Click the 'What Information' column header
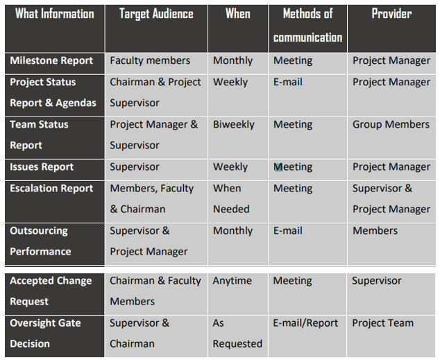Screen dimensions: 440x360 click(x=55, y=14)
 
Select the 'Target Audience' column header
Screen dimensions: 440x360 click(x=156, y=14)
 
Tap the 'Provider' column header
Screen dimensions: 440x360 click(x=391, y=13)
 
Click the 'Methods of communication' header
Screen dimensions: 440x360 click(x=308, y=26)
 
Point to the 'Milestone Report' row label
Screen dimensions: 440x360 click(x=51, y=60)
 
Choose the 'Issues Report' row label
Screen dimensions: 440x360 click(x=42, y=167)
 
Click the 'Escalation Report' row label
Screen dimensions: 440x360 click(x=51, y=189)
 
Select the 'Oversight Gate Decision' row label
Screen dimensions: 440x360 click(x=45, y=334)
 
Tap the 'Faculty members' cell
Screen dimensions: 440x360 click(x=150, y=60)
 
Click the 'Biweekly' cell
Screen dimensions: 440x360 click(x=234, y=124)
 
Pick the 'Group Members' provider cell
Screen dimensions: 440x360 click(x=391, y=124)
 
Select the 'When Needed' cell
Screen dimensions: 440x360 click(x=231, y=199)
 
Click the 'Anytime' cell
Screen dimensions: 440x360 click(x=232, y=281)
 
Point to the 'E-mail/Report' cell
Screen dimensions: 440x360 click(x=305, y=323)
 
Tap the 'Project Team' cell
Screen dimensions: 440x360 click(x=383, y=323)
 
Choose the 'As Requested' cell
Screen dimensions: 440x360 click(x=237, y=334)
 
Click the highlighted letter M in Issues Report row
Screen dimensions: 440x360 click(x=278, y=167)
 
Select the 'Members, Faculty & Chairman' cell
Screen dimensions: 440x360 click(x=152, y=199)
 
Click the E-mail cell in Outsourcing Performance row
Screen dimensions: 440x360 click(x=288, y=231)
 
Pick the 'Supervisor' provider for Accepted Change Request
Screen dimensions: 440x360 click(x=377, y=281)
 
